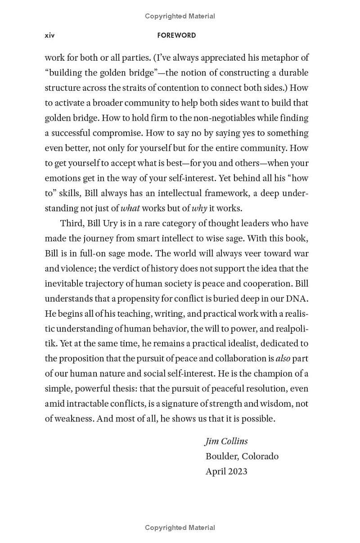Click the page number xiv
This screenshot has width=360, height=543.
click(x=49, y=35)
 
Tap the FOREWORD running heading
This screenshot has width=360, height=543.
click(x=177, y=35)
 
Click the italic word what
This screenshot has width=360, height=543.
click(x=130, y=208)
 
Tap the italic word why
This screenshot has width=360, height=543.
click(x=199, y=208)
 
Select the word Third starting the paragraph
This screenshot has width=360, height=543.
click(x=72, y=223)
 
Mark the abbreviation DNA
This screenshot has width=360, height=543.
click(x=297, y=298)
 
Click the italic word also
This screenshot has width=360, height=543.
click(x=283, y=359)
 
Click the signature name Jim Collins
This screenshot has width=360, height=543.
click(x=226, y=441)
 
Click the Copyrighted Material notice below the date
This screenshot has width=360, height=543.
click(x=180, y=528)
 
